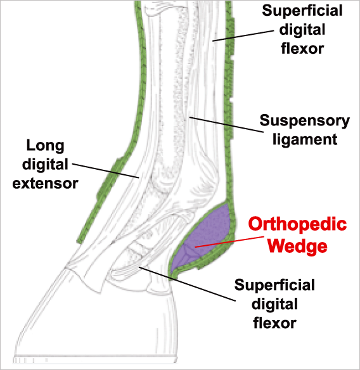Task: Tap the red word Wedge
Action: [x=297, y=246]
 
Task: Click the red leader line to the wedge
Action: [x=229, y=241]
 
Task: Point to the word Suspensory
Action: [x=304, y=122]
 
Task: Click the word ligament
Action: [x=305, y=139]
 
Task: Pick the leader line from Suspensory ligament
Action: [x=227, y=124]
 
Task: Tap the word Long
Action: [x=45, y=146]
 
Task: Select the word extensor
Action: [x=45, y=184]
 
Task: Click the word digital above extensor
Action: [x=45, y=164]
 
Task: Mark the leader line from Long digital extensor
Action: [x=105, y=170]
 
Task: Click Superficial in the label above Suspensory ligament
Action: [x=302, y=11]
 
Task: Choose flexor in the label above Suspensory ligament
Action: [x=302, y=48]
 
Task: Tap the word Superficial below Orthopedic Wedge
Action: [x=274, y=285]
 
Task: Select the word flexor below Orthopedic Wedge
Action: [x=274, y=322]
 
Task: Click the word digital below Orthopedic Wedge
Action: [x=274, y=304]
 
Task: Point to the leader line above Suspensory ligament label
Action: [x=243, y=35]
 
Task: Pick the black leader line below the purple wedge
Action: [x=187, y=284]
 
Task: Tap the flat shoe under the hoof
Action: [x=95, y=359]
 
